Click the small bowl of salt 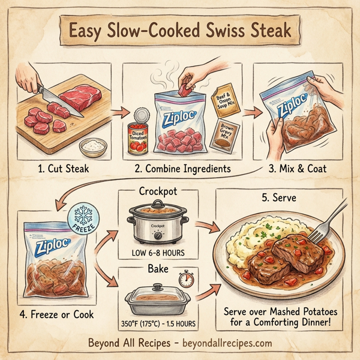[x=94, y=145]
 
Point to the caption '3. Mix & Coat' [x=298, y=169]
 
